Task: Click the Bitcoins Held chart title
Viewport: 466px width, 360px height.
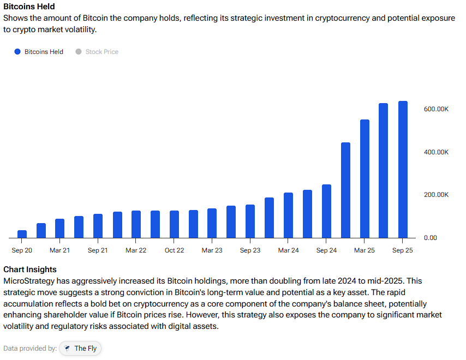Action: [x=29, y=7]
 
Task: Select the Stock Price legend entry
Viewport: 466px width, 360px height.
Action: [x=101, y=52]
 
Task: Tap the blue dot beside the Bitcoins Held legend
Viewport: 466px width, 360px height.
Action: [x=17, y=52]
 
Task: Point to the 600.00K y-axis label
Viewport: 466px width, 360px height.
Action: [x=436, y=109]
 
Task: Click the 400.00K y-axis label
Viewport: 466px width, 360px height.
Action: [x=436, y=152]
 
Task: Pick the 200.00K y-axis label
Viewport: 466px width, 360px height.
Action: [x=436, y=195]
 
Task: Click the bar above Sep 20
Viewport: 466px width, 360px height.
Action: [x=22, y=234]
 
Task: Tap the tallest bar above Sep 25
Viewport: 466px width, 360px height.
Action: [x=403, y=169]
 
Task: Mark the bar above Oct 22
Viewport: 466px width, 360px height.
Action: [x=174, y=224]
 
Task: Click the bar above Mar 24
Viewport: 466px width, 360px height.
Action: [x=288, y=215]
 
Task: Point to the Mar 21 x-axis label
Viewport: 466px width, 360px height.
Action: [x=59, y=250]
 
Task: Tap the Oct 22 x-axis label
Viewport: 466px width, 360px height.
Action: [x=174, y=250]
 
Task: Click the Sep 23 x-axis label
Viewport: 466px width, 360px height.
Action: [x=250, y=250]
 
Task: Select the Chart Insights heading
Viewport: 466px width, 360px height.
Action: [x=30, y=269]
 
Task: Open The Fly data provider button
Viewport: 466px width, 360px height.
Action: [x=81, y=348]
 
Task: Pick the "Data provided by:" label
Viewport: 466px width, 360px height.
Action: [x=29, y=348]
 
